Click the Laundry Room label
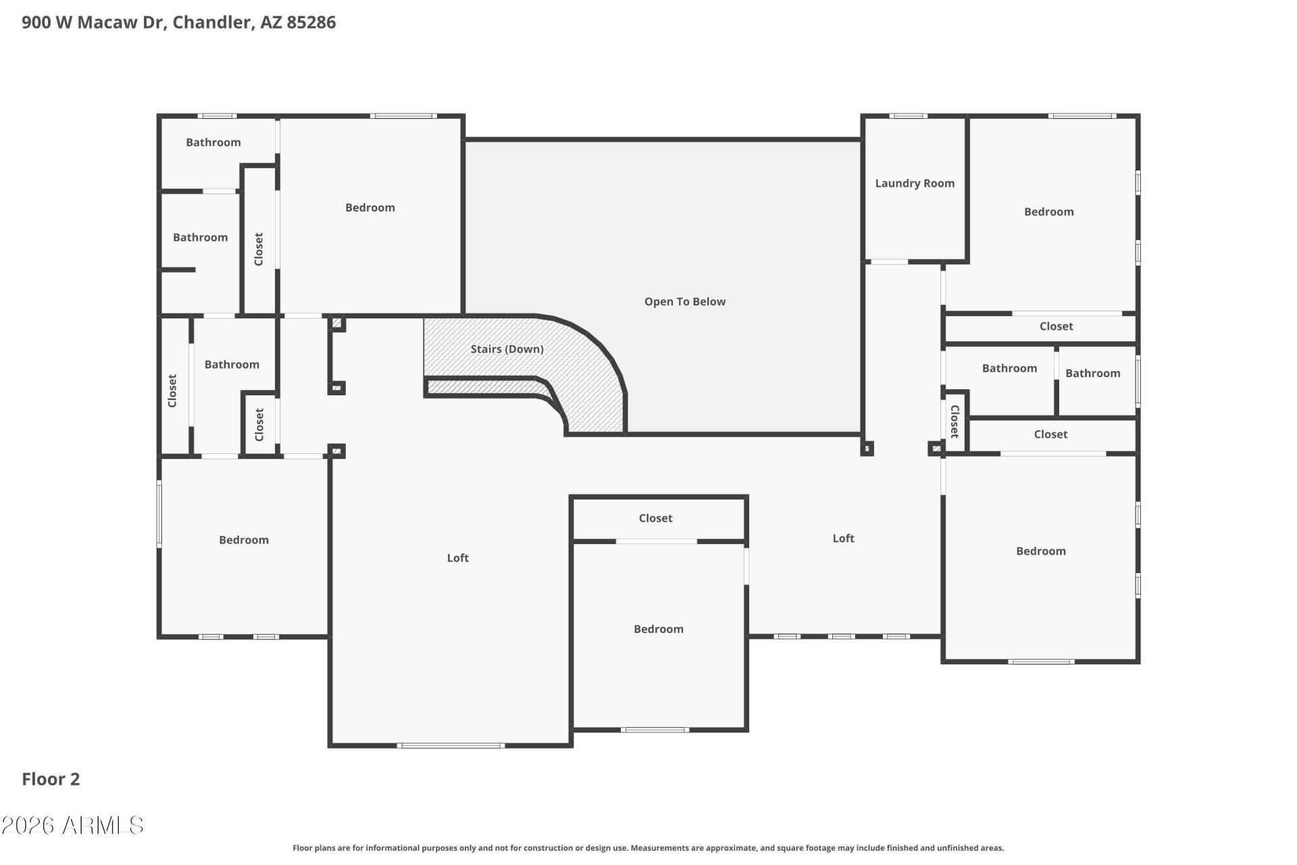coord(915,183)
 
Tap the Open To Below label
coord(685,301)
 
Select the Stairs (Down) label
coord(507,349)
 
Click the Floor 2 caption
coord(51,779)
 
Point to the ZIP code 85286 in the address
coord(311,22)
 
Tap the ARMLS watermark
coord(72,825)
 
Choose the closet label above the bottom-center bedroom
coord(655,518)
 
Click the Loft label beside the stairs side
coord(457,558)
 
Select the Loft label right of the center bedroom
coord(843,538)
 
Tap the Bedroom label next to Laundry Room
coord(1048,212)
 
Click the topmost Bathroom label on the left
coord(213,142)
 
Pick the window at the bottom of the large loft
coord(451,745)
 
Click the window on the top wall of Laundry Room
coord(908,116)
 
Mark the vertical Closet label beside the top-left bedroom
coord(259,249)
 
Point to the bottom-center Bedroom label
coord(658,629)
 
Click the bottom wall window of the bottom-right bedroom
coord(1041,661)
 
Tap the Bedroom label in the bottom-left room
coord(243,540)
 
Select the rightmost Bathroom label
coord(1092,373)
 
